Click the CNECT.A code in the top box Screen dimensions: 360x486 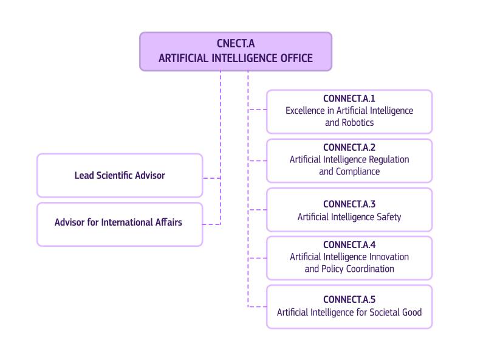tap(236, 43)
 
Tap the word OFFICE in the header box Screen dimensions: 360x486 tap(292, 58)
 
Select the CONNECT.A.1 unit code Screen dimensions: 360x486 tap(349, 99)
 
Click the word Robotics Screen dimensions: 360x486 tap(358, 123)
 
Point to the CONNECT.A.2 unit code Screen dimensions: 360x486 tap(349, 147)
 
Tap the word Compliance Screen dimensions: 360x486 tap(358, 171)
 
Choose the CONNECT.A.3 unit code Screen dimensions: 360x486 tap(349, 204)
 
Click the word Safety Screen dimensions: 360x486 tap(387, 216)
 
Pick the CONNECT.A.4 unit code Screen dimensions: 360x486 tap(349, 244)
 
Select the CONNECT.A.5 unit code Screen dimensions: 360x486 tap(349, 299)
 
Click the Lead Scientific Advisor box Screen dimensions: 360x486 tap(120, 175)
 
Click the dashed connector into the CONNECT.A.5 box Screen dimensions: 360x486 tap(257, 306)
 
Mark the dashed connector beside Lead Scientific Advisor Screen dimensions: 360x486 tap(211, 178)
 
